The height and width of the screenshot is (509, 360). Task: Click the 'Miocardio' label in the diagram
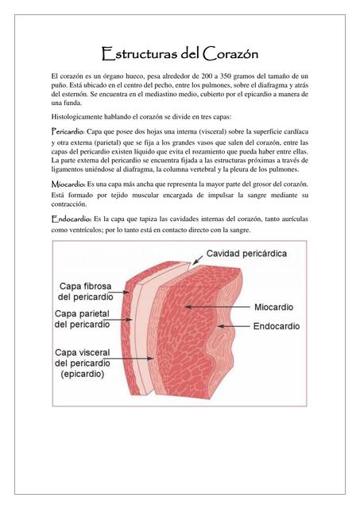pyautogui.click(x=273, y=305)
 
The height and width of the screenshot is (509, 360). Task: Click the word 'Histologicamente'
pyautogui.click(x=80, y=117)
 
